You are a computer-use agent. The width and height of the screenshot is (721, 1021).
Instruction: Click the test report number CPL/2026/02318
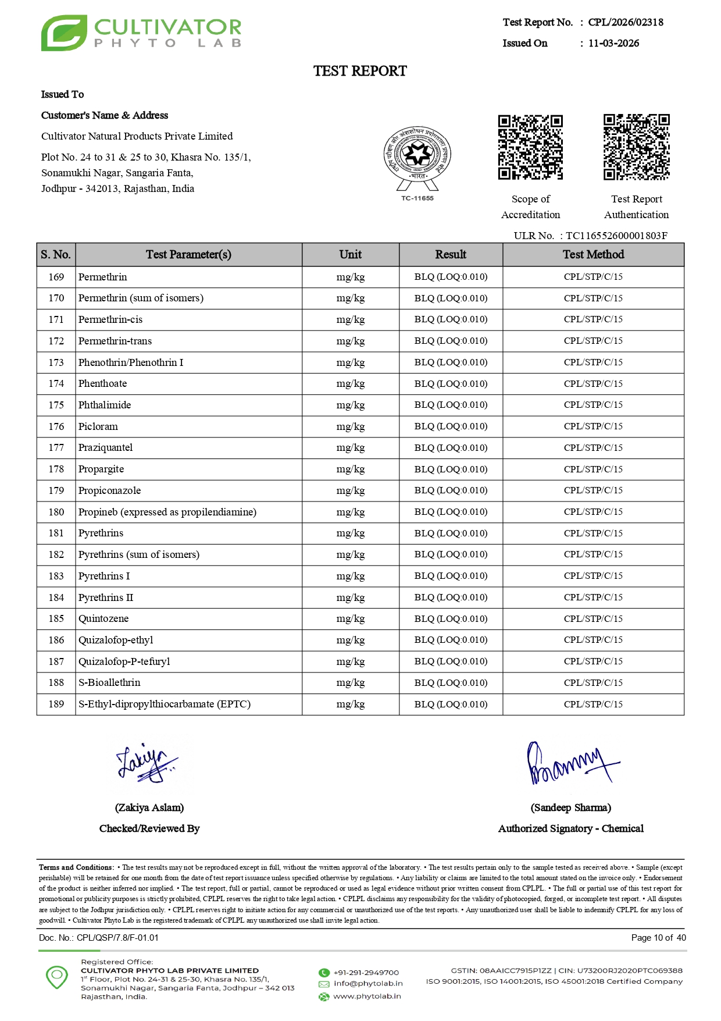[x=626, y=22]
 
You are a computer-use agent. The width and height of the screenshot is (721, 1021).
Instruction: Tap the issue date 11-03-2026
[x=613, y=43]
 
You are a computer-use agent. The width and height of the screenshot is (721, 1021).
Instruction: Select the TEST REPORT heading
[x=360, y=71]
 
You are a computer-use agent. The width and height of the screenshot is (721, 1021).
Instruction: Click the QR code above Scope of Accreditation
[x=530, y=147]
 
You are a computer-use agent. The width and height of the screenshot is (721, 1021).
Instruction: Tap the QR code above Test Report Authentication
[x=636, y=147]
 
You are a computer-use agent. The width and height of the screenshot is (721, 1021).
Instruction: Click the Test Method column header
[x=593, y=254]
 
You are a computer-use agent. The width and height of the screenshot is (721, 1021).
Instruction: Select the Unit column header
[x=350, y=254]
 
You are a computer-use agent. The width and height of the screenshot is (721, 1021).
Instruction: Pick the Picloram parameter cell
[x=98, y=426]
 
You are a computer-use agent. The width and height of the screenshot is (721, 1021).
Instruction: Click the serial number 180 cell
[x=56, y=512]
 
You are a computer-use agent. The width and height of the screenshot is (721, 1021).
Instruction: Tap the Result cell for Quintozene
[x=451, y=618]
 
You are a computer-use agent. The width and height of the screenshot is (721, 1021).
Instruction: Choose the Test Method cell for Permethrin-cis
[x=593, y=319]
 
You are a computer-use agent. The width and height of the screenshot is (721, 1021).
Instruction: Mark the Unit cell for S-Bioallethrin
[x=350, y=682]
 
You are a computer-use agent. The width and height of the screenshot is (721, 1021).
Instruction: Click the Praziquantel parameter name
[x=105, y=447]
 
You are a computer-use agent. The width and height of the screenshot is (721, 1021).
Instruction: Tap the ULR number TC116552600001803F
[x=616, y=236]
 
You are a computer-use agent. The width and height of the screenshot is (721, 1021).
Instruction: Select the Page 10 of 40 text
[x=658, y=937]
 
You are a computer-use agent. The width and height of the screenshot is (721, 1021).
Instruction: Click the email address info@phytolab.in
[x=367, y=983]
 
